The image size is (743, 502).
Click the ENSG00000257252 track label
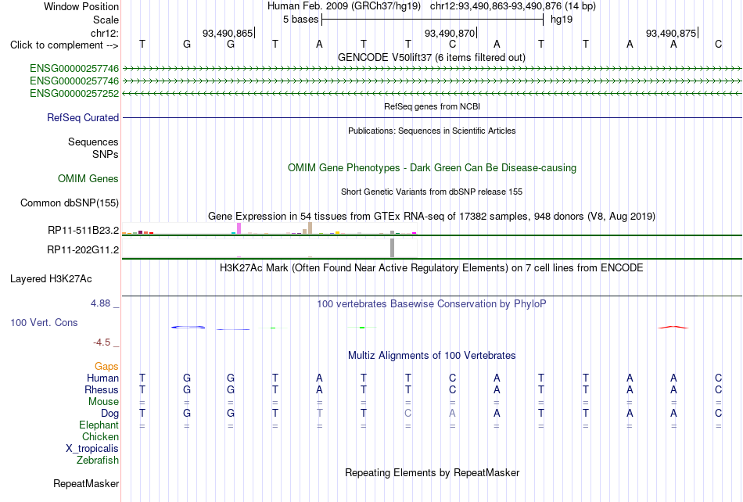tap(74, 93)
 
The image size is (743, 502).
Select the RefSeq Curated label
tap(83, 117)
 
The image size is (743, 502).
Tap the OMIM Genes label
tap(88, 178)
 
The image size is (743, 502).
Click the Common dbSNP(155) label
tap(70, 203)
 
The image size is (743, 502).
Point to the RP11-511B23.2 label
tap(84, 230)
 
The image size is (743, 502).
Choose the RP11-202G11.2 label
tap(83, 249)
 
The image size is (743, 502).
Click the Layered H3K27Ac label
tap(51, 279)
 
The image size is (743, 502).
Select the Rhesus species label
tap(102, 389)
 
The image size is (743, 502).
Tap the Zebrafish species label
tap(98, 460)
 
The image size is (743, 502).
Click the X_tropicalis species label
tap(92, 449)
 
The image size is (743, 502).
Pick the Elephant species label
tap(99, 425)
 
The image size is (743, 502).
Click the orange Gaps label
tap(106, 367)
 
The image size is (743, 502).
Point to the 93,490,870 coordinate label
tap(450, 33)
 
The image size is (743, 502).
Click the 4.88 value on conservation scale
tap(100, 303)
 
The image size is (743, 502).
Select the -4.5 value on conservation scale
tap(102, 342)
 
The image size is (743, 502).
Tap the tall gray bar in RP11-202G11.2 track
tap(393, 248)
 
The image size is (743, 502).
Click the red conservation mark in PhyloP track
tap(673, 327)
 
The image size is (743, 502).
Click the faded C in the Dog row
tap(408, 413)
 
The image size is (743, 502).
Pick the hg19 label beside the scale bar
tap(562, 20)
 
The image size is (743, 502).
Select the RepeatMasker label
tap(86, 483)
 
